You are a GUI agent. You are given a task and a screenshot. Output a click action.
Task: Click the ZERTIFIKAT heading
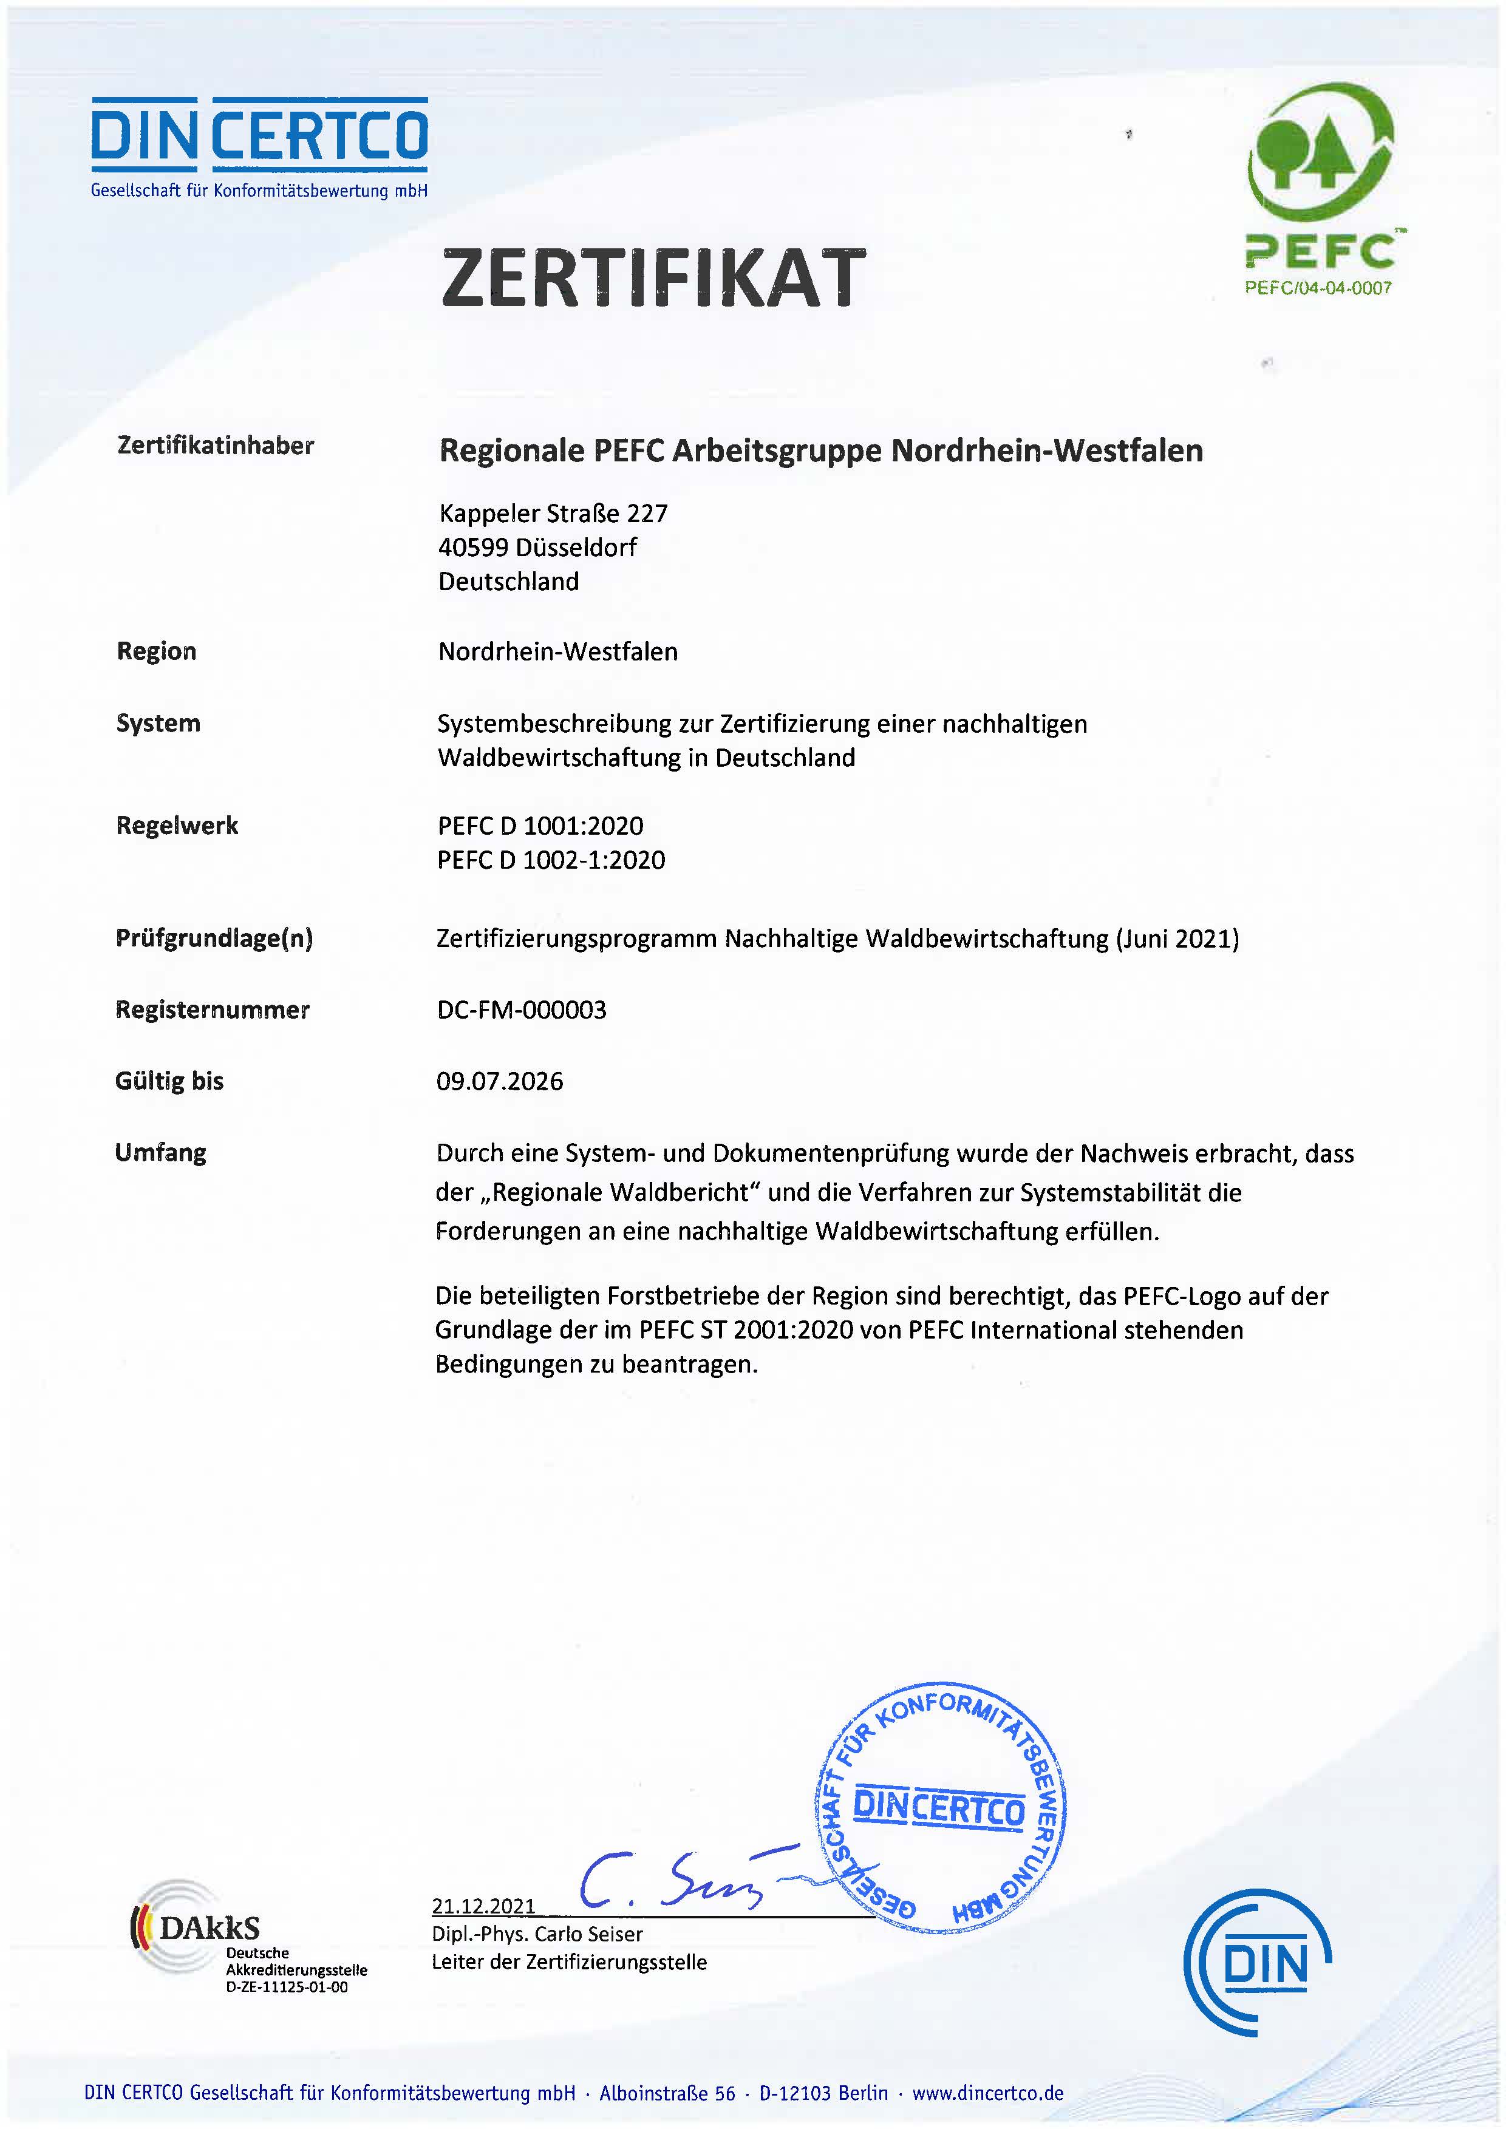[x=653, y=278]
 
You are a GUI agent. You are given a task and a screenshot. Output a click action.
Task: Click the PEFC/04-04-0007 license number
[x=1318, y=288]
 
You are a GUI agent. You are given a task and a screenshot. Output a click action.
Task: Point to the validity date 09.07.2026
[x=500, y=1081]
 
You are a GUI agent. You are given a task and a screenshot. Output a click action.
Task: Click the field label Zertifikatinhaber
[x=215, y=446]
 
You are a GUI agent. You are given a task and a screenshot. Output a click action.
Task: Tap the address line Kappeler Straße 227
[x=553, y=513]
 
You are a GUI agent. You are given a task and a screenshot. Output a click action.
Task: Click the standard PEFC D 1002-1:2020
[x=551, y=860]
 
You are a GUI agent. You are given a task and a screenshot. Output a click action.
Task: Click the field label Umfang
[x=160, y=1153]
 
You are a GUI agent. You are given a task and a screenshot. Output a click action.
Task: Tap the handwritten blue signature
[x=677, y=1883]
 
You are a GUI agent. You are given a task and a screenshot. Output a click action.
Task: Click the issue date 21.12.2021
[x=483, y=1906]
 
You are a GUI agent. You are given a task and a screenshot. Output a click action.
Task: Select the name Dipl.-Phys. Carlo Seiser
[x=536, y=1934]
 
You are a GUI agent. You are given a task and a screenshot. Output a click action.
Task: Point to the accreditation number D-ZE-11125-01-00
[x=287, y=1987]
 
